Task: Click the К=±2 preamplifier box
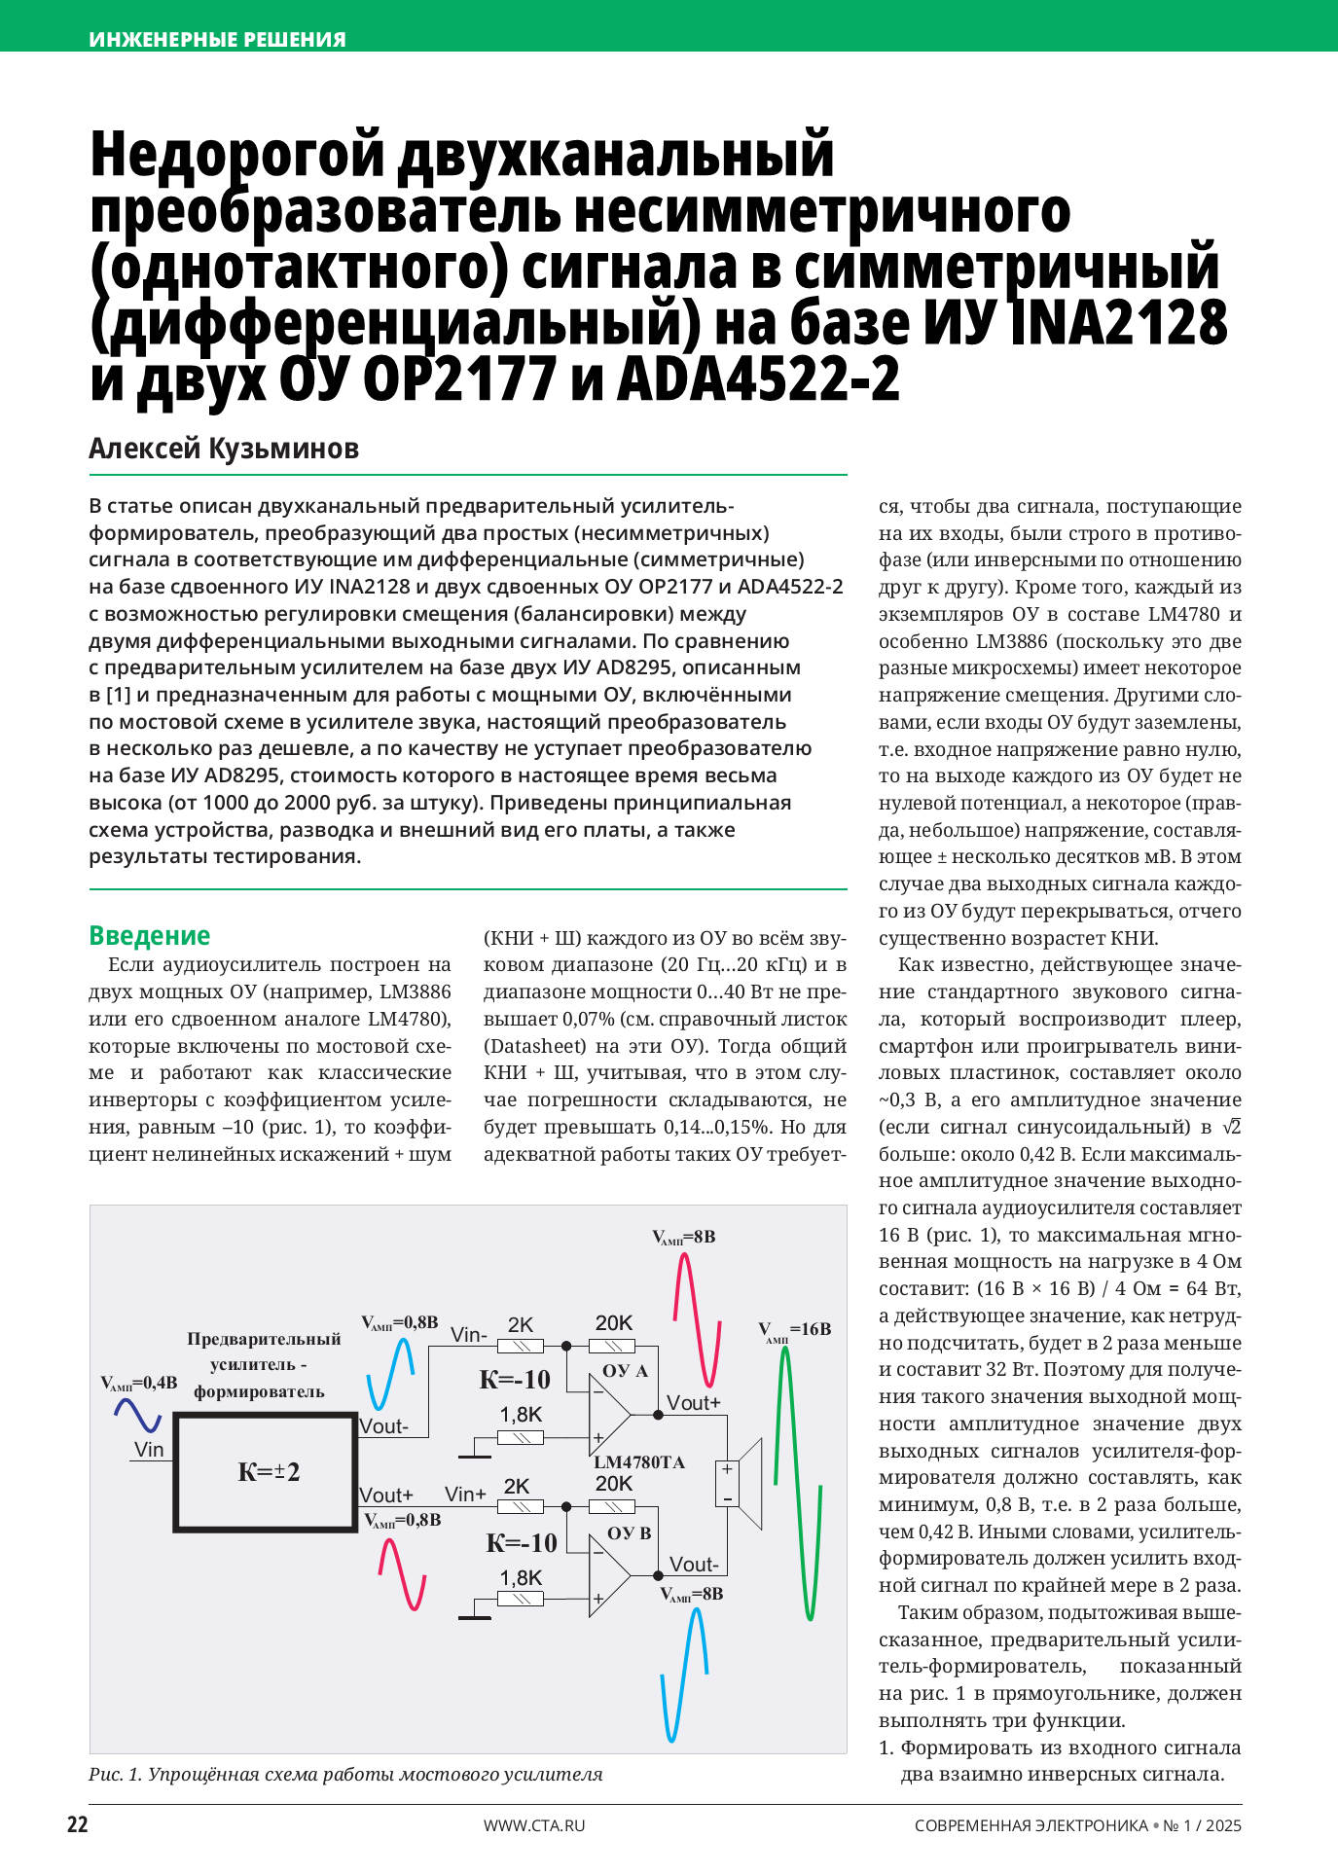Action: click(x=266, y=1471)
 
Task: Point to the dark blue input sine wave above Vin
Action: click(x=137, y=1415)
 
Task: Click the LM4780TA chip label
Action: click(x=639, y=1462)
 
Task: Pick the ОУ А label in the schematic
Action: click(x=625, y=1371)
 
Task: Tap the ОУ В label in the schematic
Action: click(x=629, y=1533)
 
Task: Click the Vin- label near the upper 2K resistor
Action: click(x=469, y=1335)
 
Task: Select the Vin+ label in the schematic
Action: click(x=465, y=1494)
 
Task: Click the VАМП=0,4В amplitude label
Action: click(x=139, y=1383)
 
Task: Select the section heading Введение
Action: click(x=149, y=935)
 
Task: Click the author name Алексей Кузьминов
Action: click(x=224, y=449)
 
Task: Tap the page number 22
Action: click(x=78, y=1825)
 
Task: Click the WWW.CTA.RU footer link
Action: click(x=534, y=1825)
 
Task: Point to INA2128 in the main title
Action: click(x=1119, y=324)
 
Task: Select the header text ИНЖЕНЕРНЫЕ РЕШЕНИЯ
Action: click(x=217, y=40)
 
